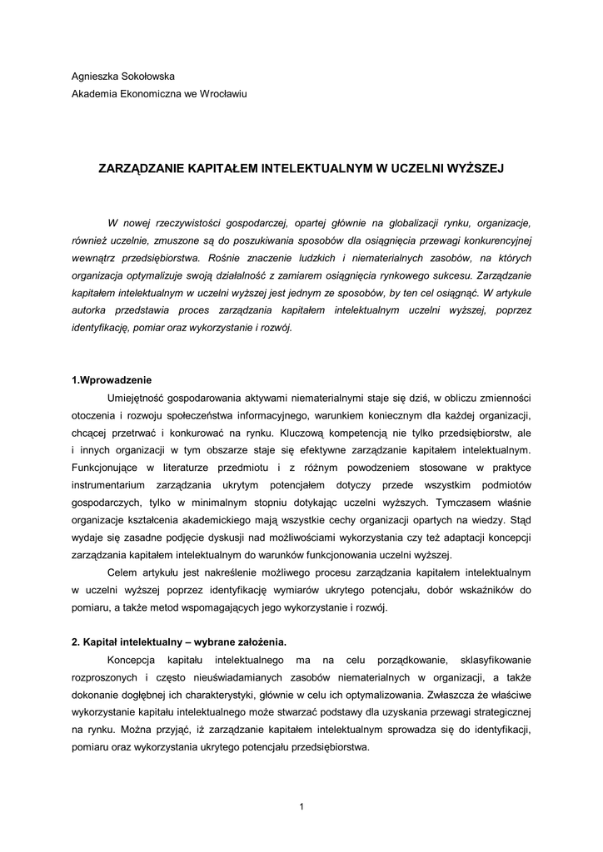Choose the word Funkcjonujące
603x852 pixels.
click(x=108, y=468)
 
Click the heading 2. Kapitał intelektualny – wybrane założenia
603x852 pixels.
click(x=179, y=642)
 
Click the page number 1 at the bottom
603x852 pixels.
click(x=301, y=805)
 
